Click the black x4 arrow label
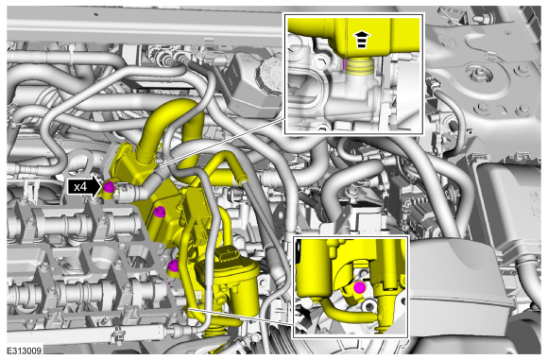pos(84,187)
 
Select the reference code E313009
pos(25,351)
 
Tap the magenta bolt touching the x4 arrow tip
pos(109,187)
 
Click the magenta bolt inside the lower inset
pos(359,287)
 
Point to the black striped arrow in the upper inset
pos(362,40)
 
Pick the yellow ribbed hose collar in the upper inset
pos(360,66)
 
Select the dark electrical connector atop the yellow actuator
pos(229,255)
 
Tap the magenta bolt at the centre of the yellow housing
pos(160,212)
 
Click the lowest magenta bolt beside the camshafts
pos(173,266)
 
